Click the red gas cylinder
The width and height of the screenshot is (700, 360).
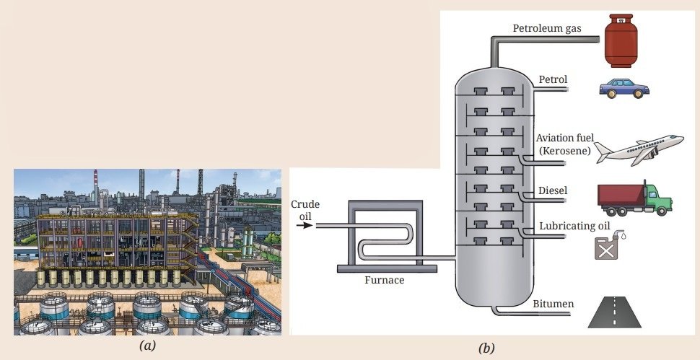tap(621, 40)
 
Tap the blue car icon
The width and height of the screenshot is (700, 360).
tap(624, 88)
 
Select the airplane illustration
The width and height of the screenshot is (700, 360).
tap(639, 150)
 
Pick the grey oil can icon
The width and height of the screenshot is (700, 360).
tap(608, 246)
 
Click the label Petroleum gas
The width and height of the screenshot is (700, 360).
tap(547, 29)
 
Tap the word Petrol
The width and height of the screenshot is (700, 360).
tap(553, 79)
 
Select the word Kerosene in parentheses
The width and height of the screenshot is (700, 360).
tap(565, 151)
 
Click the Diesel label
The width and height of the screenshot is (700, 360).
tap(553, 190)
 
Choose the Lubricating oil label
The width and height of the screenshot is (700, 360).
tap(574, 226)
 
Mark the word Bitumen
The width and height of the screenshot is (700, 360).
tap(553, 304)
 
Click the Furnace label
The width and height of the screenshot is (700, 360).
tap(385, 280)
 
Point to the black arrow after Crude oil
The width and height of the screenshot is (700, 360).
tap(305, 225)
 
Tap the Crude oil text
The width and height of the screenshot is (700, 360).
tap(305, 210)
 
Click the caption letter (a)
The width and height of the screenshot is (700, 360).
tap(147, 346)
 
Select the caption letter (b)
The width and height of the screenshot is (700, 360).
tap(486, 348)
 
